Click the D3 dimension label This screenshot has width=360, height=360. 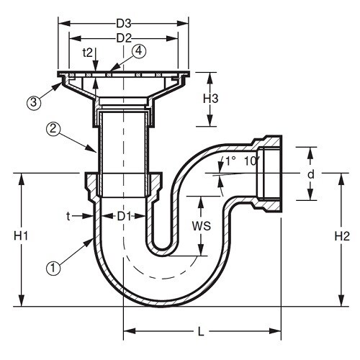tap(124, 24)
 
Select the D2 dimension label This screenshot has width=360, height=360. tap(124, 38)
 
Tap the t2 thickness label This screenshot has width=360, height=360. tap(88, 53)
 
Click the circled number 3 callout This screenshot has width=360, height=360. tap(34, 102)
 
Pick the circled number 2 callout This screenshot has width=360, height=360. tap(53, 129)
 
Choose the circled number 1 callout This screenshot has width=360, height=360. tap(53, 269)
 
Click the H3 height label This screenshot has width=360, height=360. tap(211, 99)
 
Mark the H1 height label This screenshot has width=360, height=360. tap(21, 236)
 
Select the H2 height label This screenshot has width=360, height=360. tap(342, 237)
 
